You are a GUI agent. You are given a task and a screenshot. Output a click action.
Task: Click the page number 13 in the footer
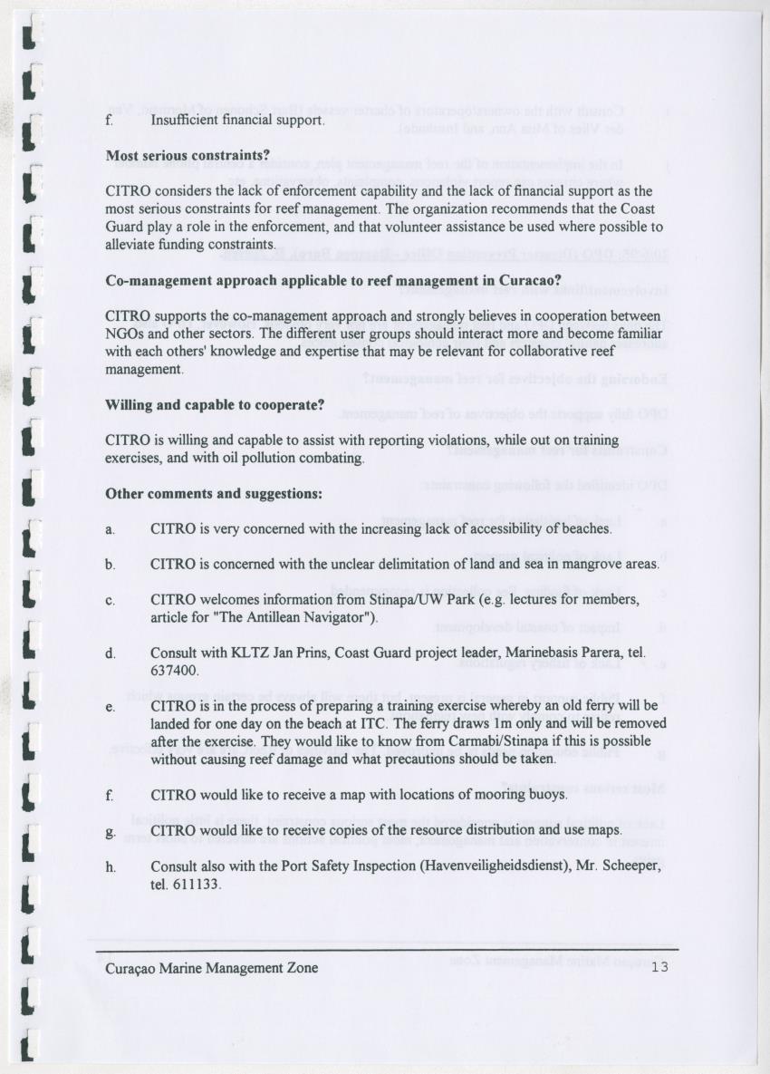[x=659, y=968]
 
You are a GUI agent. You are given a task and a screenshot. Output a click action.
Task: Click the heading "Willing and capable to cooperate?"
[x=216, y=405]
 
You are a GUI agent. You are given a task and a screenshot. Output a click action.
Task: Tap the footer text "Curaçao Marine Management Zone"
[x=212, y=968]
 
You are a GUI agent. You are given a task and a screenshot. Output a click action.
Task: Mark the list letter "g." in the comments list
[x=111, y=830]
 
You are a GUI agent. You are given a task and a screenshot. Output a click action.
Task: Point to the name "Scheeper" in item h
[x=636, y=866]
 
